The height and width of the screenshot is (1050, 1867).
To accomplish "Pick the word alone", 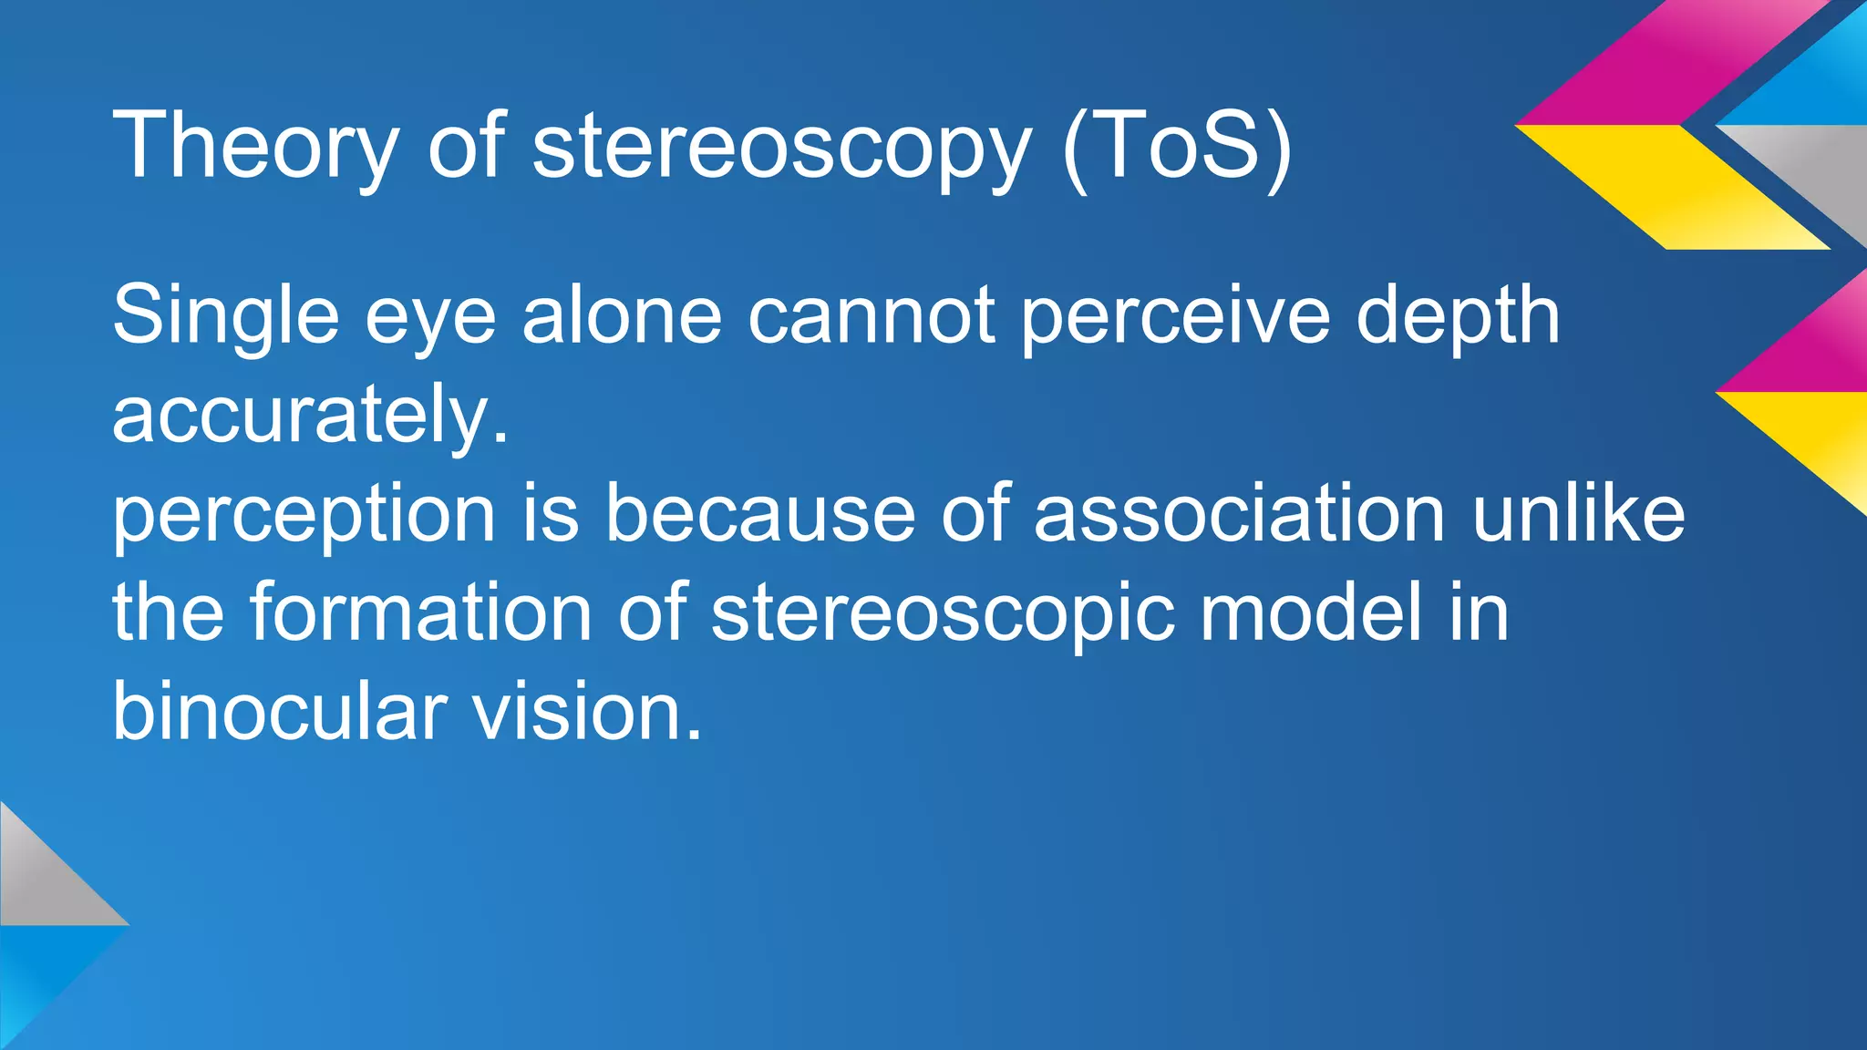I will click(x=623, y=314).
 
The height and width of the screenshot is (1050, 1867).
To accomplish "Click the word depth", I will click(x=1459, y=316).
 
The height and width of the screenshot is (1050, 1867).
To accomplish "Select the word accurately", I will click(x=310, y=415).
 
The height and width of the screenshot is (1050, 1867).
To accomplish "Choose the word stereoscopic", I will click(x=943, y=613).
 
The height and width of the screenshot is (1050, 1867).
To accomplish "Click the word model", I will click(x=1311, y=612).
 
